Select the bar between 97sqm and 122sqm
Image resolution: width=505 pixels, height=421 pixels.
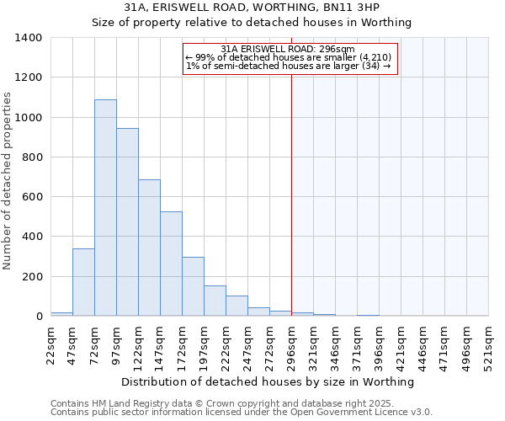(127, 222)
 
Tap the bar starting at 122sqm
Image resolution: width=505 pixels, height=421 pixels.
(149, 248)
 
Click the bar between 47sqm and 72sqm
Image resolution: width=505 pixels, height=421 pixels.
(83, 282)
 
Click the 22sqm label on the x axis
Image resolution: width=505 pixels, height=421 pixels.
(51, 344)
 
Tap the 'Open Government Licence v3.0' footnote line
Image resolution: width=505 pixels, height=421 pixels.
(242, 413)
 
